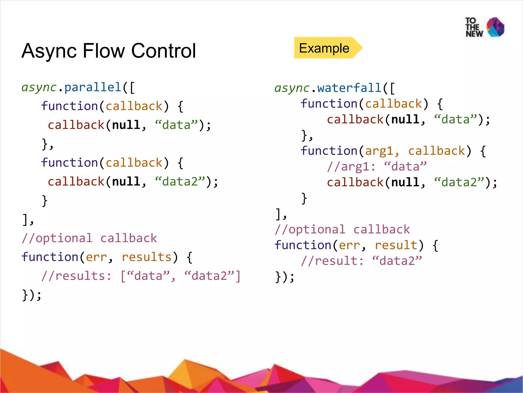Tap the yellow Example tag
(324, 48)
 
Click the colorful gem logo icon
(495, 27)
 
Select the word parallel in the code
(93, 87)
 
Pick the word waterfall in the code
(350, 88)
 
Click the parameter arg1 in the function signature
(379, 151)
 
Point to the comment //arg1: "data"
(377, 167)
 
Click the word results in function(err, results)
(146, 257)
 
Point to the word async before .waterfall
(292, 88)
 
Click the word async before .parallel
(39, 87)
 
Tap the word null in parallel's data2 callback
(126, 182)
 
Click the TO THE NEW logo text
(474, 27)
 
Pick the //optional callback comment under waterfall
(342, 230)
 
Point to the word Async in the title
(49, 51)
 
